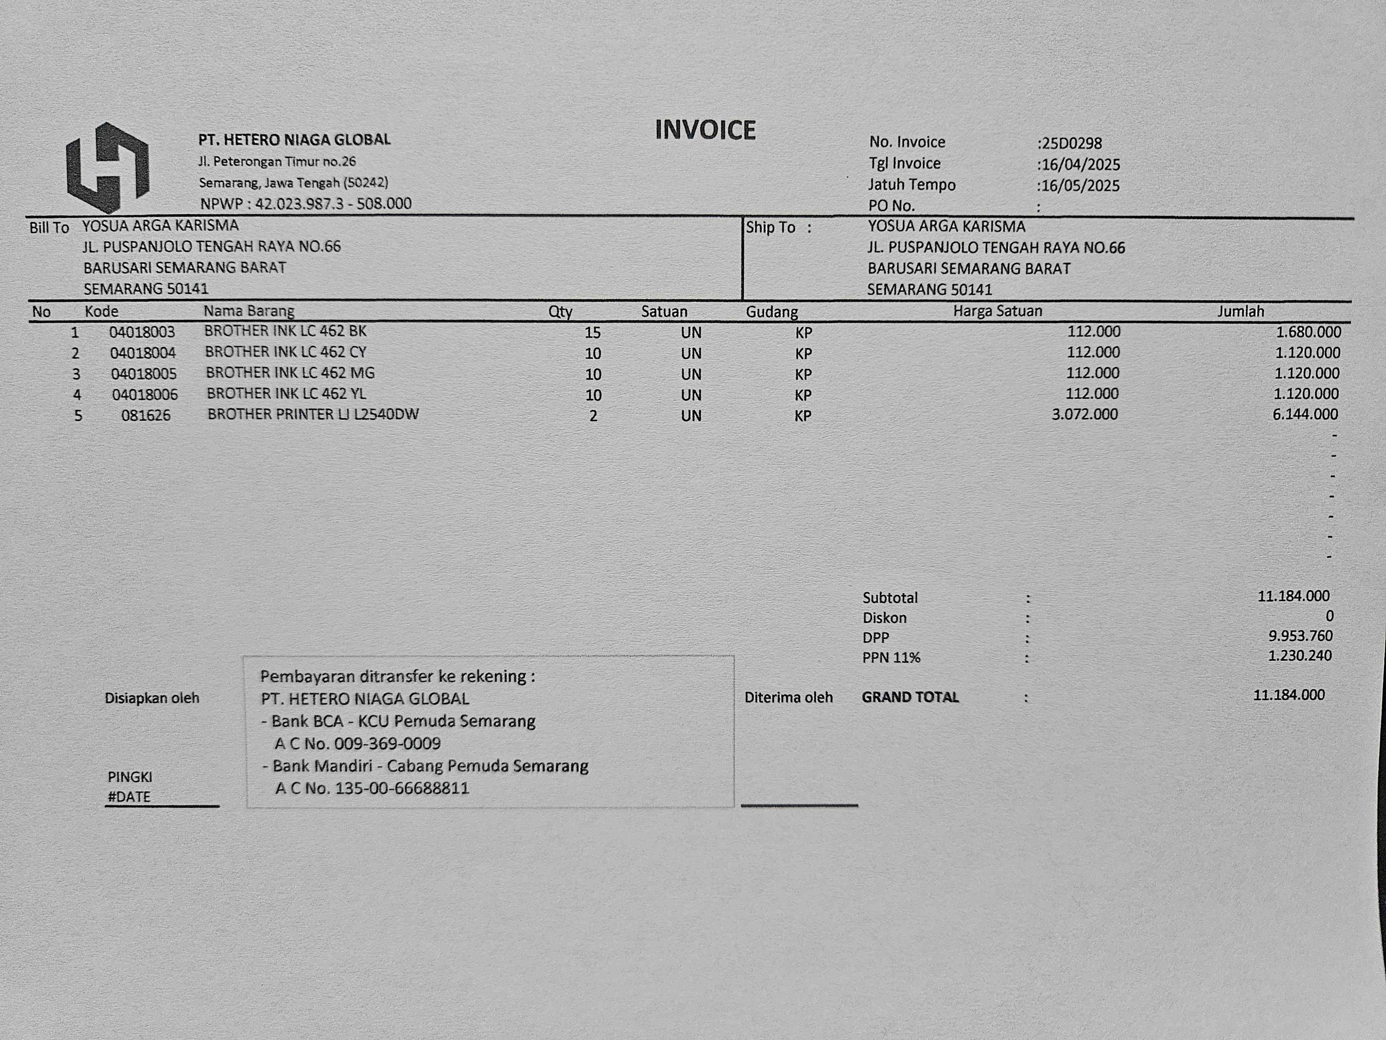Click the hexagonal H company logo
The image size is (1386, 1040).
point(108,167)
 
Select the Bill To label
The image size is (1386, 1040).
point(49,227)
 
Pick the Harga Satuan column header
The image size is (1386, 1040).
point(998,311)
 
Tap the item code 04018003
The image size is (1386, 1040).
point(142,332)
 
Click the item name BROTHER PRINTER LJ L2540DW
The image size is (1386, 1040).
point(313,414)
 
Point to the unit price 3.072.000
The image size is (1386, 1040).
point(1085,414)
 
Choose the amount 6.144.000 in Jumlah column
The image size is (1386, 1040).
point(1305,414)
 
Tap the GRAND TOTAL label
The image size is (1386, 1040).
point(910,697)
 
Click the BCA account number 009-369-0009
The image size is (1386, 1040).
point(387,744)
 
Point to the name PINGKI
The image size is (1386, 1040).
point(130,777)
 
